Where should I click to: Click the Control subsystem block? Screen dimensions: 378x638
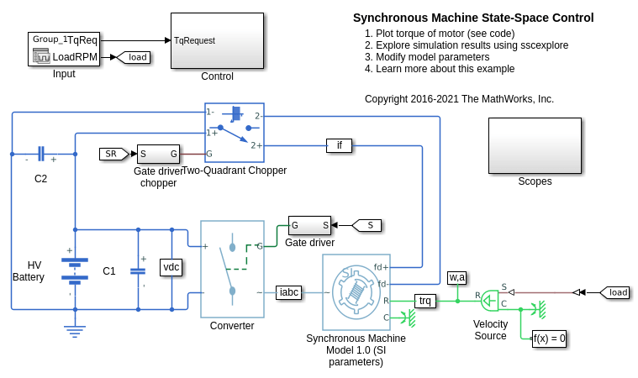(217, 39)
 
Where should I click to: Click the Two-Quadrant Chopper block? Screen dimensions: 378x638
(234, 133)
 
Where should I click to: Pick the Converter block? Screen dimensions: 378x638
(232, 269)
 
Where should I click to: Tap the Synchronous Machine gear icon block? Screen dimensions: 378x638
(356, 292)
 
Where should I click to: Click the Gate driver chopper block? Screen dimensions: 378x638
(158, 154)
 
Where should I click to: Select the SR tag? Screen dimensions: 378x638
(111, 154)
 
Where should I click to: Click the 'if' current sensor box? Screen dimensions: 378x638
(339, 145)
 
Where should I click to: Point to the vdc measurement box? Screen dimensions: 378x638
(171, 267)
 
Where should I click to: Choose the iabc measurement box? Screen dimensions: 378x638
(288, 292)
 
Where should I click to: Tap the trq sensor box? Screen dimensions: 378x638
(425, 300)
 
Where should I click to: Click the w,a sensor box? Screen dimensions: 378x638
(457, 277)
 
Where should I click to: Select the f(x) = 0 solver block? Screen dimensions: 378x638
(549, 339)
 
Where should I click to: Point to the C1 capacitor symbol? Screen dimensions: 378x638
(138, 270)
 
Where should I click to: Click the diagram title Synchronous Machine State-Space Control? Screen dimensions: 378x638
(472, 18)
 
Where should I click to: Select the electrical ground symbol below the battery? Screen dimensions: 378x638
(75, 330)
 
